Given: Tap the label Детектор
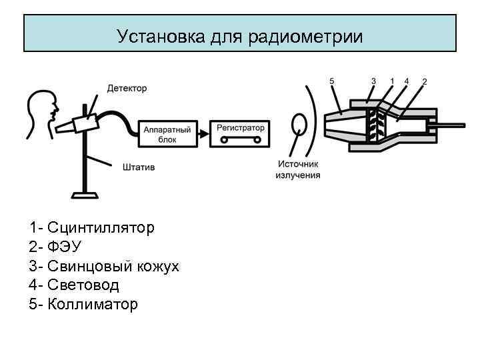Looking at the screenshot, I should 127,89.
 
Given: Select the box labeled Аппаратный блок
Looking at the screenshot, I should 167,133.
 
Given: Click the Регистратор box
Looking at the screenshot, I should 241,133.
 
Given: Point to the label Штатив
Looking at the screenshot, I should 139,167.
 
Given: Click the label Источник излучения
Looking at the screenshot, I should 298,169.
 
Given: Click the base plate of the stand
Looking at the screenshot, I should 85,195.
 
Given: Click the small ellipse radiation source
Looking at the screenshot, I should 299,125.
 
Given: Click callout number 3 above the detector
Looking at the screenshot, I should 373,81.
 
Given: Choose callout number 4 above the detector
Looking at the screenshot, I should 407,81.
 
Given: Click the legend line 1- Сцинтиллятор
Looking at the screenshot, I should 92,228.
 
